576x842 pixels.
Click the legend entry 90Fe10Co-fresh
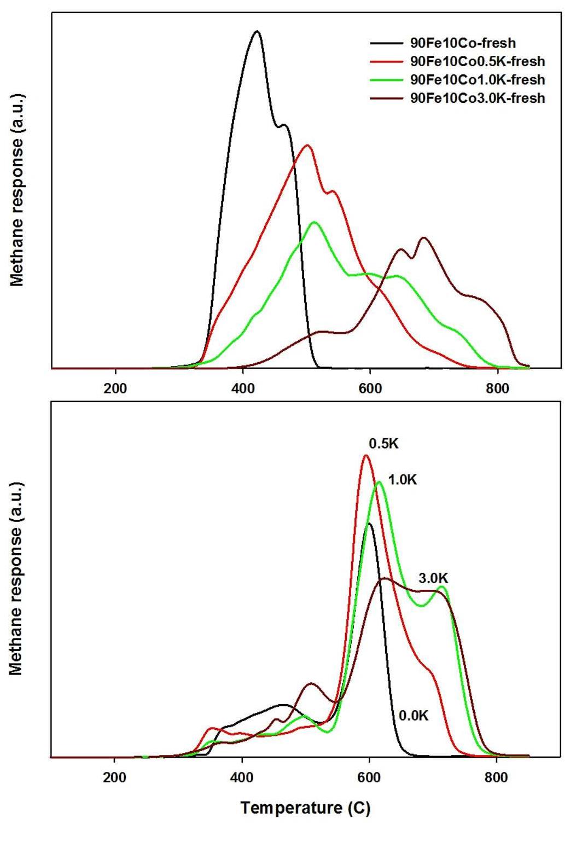click(x=463, y=43)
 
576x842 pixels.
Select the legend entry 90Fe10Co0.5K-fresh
click(x=477, y=61)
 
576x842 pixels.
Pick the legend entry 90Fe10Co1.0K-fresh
click(x=477, y=80)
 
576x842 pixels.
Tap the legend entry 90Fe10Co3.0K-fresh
click(x=477, y=98)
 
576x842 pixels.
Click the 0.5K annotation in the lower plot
click(x=383, y=443)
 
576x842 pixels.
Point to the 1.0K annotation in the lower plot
click(x=403, y=480)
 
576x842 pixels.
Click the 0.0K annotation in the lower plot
click(x=414, y=715)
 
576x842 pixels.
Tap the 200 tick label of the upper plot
click(x=115, y=389)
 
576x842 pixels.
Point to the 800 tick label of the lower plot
click(x=496, y=777)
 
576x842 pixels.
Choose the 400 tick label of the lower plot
click(x=242, y=777)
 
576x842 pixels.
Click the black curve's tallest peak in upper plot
click(x=256, y=32)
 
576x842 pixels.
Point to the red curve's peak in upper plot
click(x=307, y=145)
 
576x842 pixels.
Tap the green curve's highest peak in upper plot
click(x=314, y=222)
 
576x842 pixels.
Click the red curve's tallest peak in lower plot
click(x=366, y=455)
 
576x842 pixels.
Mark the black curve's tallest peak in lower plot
click(x=369, y=524)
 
